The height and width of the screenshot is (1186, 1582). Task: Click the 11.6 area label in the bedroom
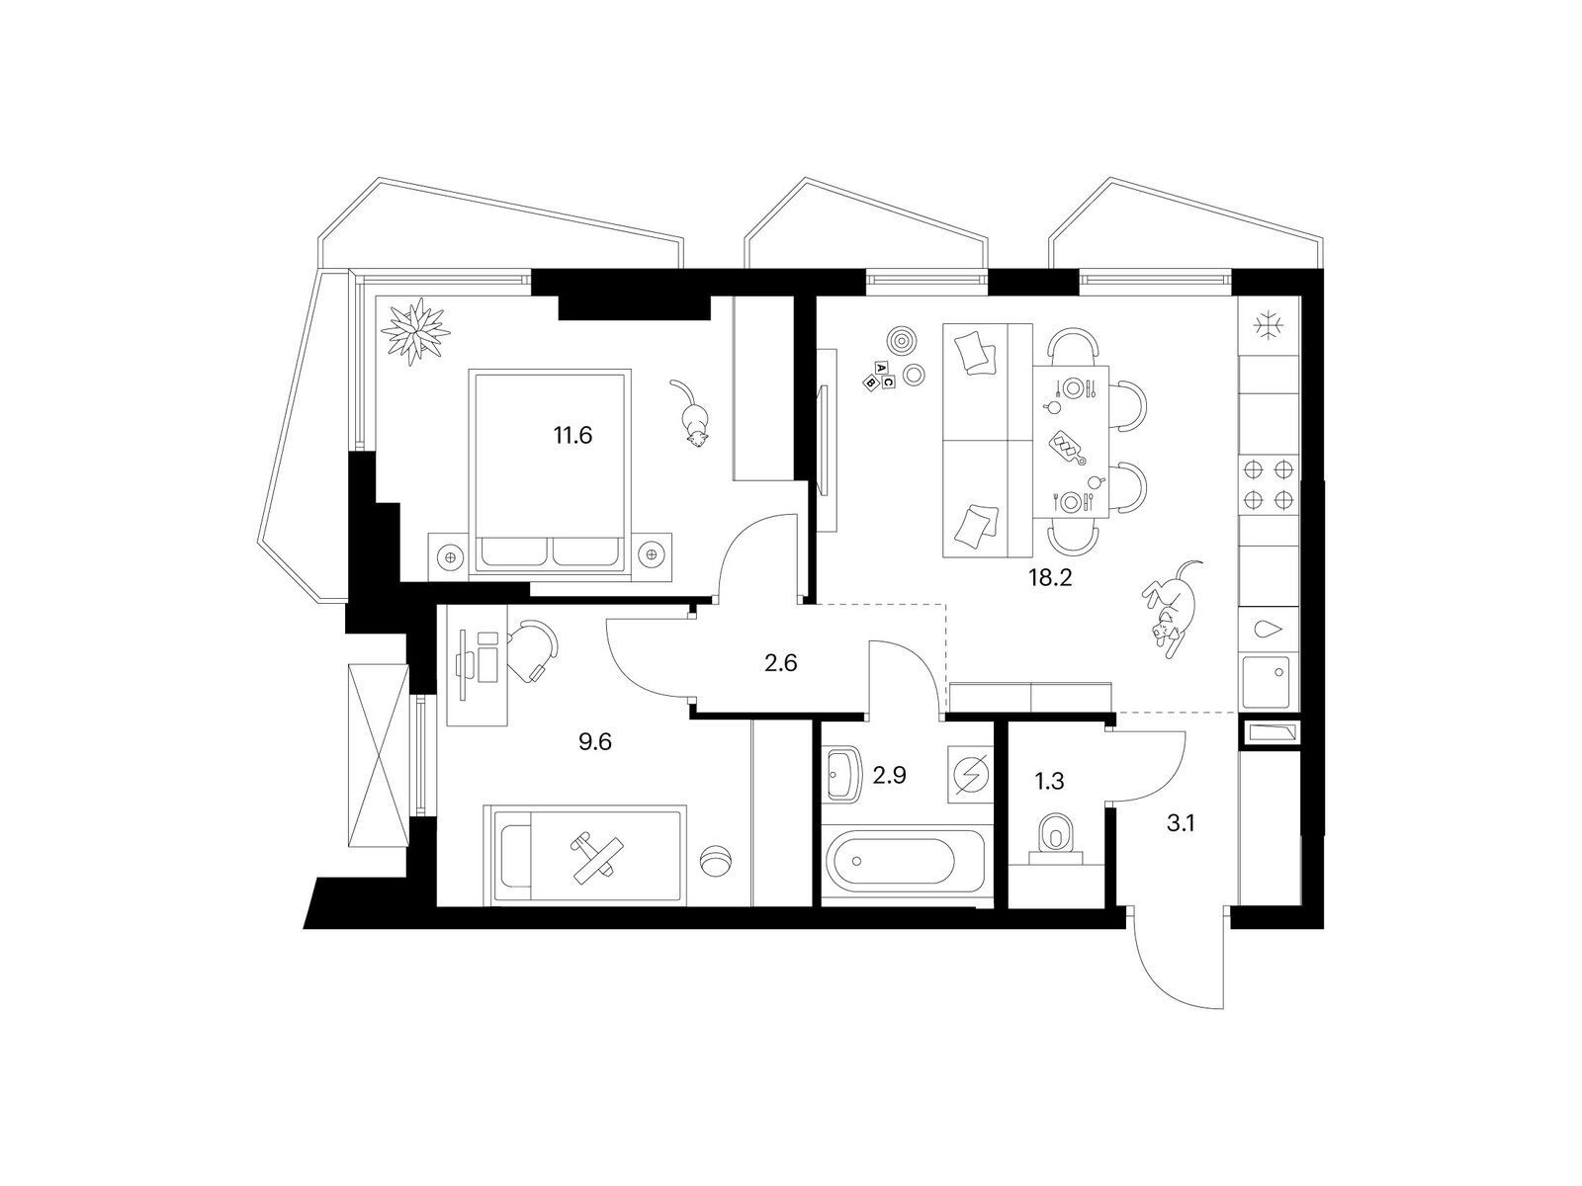(x=572, y=436)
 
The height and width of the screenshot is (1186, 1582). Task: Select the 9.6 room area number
(x=594, y=741)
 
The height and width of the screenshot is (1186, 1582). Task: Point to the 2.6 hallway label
(x=780, y=662)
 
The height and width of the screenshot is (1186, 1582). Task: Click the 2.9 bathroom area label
(x=889, y=776)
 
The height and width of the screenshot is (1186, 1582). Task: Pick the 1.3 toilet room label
(x=1049, y=781)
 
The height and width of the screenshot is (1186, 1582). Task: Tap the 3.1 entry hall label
(x=1181, y=823)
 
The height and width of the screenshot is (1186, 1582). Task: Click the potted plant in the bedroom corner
(x=416, y=333)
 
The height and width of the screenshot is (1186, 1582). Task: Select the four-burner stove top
(x=1269, y=484)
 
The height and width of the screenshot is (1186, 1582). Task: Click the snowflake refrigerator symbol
(x=1269, y=326)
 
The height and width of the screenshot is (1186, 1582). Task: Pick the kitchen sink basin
(x=1268, y=681)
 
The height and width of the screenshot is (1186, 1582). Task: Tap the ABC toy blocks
(x=880, y=376)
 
